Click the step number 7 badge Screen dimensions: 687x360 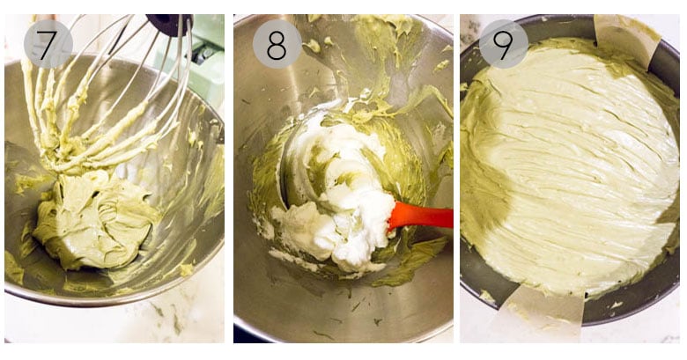point(48,44)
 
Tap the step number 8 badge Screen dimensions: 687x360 point(277,44)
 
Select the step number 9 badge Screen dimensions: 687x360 point(504,44)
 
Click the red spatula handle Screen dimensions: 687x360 point(421,216)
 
